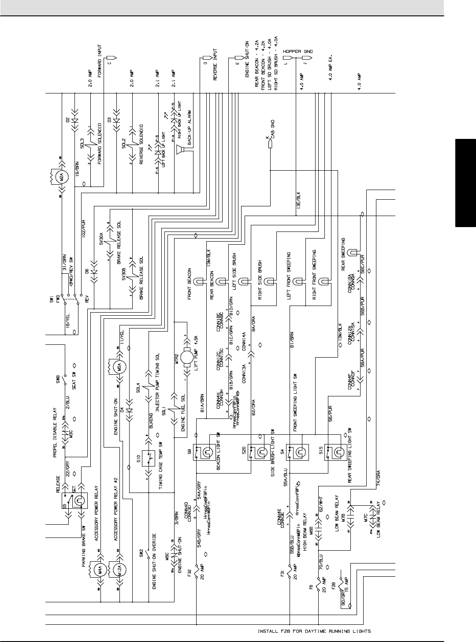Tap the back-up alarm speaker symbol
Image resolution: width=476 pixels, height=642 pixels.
(179, 151)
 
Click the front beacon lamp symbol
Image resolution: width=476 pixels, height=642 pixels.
(199, 280)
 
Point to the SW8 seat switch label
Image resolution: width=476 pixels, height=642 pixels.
(58, 378)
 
